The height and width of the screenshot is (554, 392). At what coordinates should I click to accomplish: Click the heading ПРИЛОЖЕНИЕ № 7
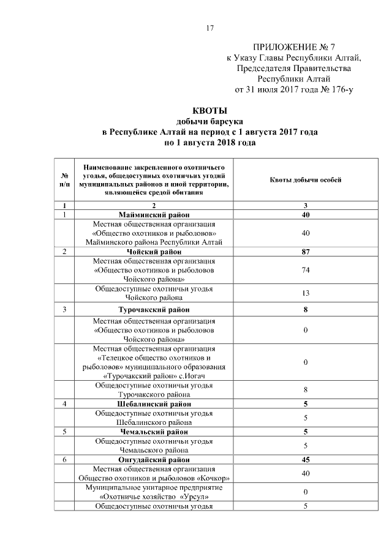click(x=294, y=47)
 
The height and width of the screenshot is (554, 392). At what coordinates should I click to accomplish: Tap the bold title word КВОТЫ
click(x=210, y=110)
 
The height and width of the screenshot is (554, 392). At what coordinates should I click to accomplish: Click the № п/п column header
click(x=64, y=179)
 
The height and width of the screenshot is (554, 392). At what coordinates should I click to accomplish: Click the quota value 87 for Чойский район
click(x=306, y=252)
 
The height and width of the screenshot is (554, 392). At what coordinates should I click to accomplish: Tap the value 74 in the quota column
click(x=306, y=269)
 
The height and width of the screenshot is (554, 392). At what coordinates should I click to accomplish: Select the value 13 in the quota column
click(x=306, y=293)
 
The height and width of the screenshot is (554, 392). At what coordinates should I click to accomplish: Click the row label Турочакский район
click(x=154, y=310)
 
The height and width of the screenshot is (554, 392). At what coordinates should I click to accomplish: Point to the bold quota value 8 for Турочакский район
click(x=306, y=310)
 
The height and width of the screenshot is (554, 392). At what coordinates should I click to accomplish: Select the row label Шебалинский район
click(x=154, y=404)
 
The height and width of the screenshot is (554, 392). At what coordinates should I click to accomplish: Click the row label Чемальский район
click(x=154, y=431)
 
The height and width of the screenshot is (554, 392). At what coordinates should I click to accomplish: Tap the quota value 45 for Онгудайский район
click(x=306, y=459)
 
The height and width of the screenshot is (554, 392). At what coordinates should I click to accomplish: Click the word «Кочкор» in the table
click(x=214, y=477)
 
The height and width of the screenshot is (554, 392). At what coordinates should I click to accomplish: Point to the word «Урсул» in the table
click(x=183, y=496)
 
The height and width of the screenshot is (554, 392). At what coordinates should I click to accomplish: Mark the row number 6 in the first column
click(x=64, y=459)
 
